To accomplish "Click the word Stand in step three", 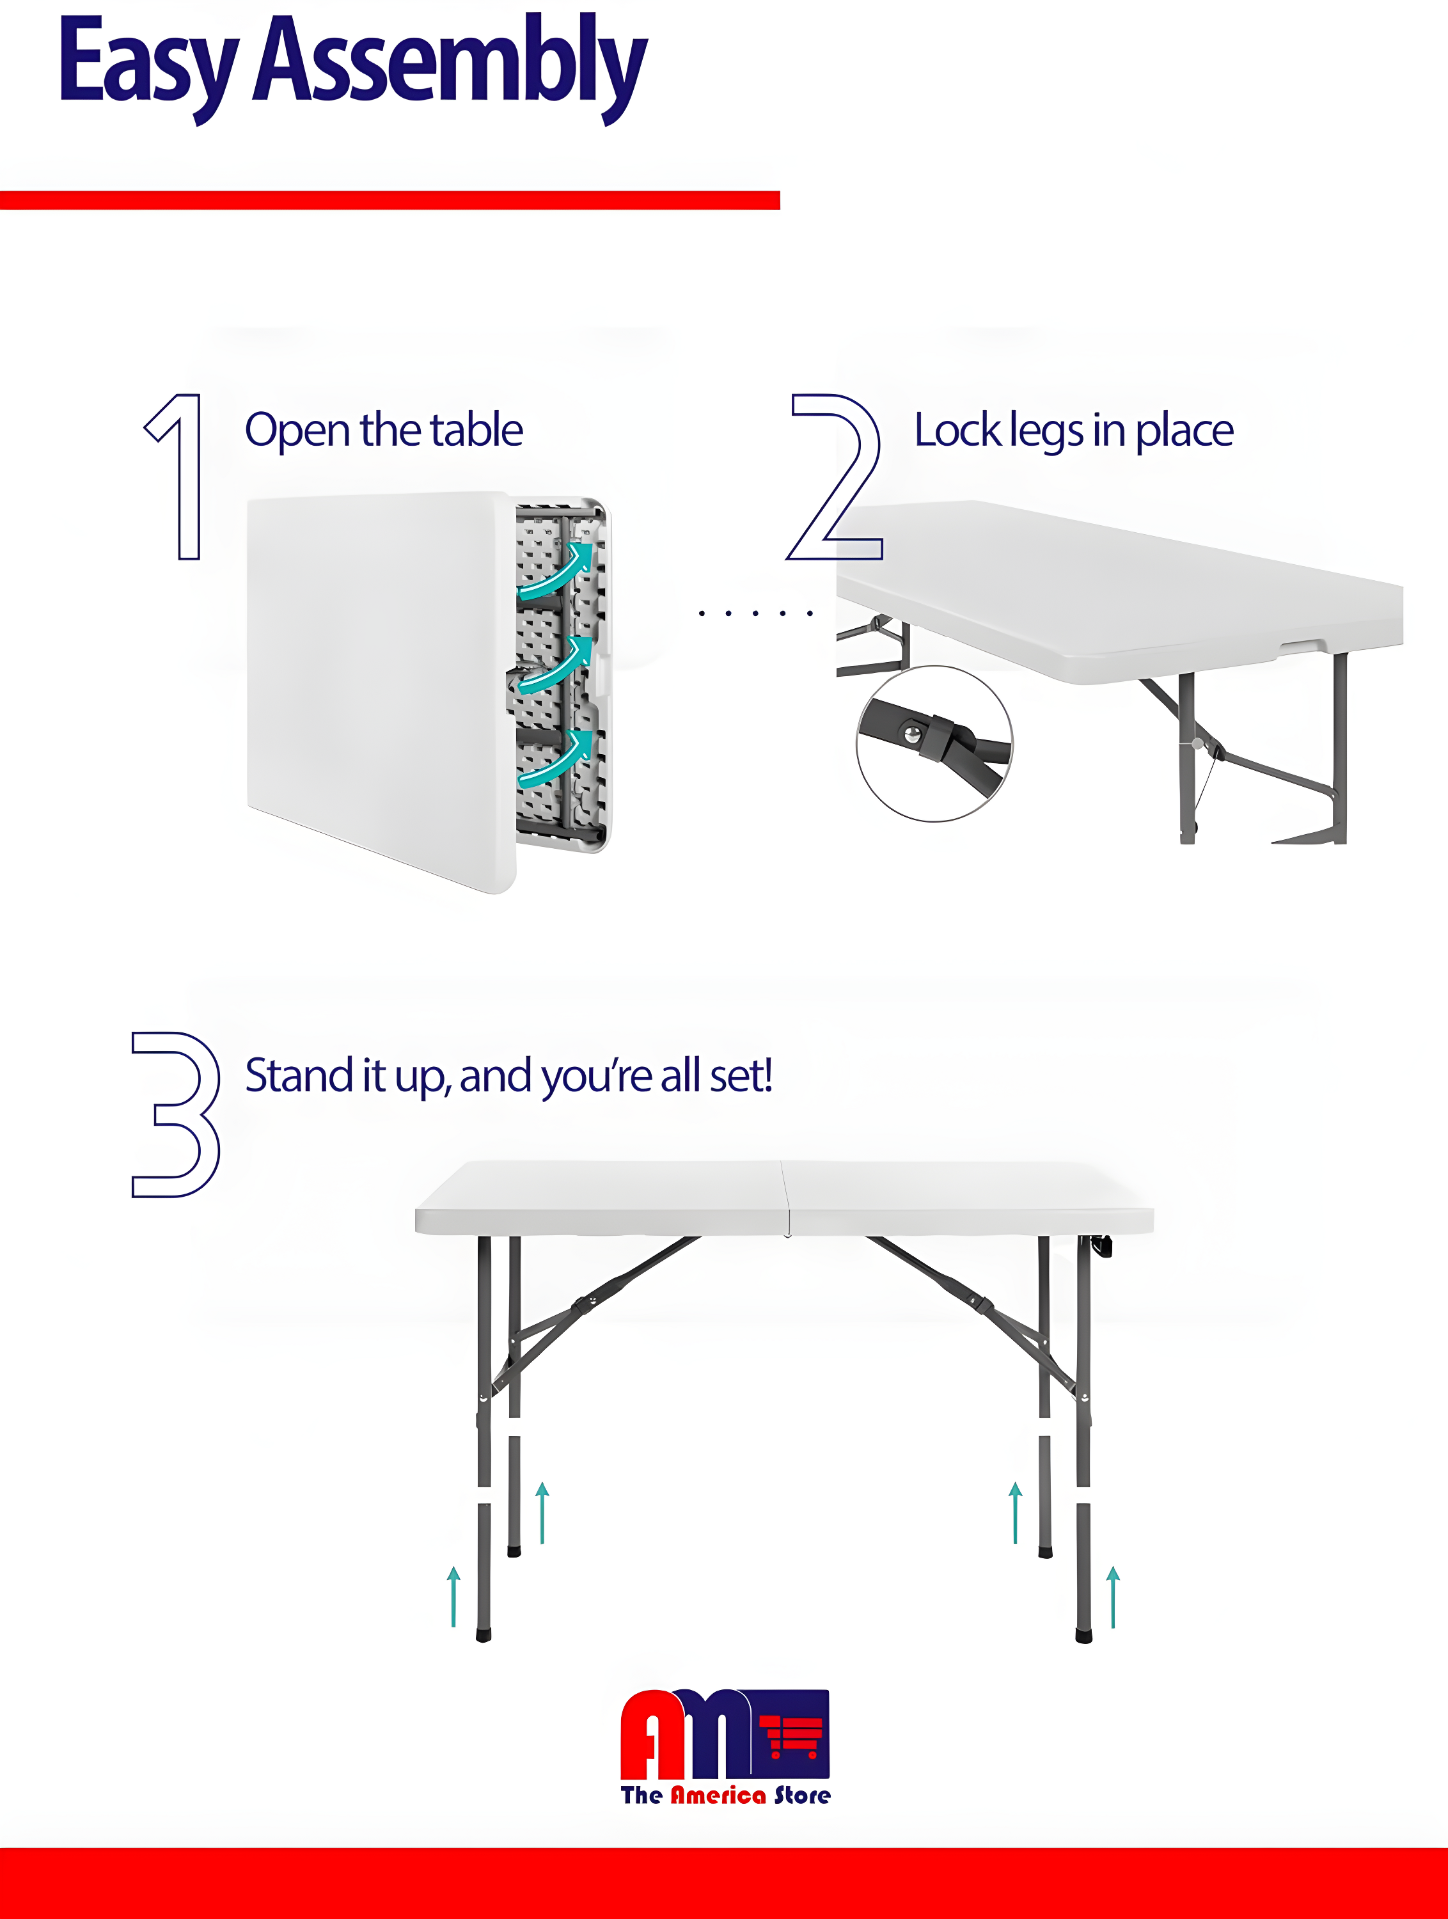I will point(299,1076).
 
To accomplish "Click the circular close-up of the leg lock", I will point(934,743).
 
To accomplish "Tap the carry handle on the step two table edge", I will point(1302,646).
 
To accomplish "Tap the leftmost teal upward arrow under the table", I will point(453,1596).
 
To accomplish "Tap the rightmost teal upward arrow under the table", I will point(1113,1596).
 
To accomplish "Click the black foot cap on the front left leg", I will point(484,1636).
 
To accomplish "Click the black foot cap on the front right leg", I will point(1083,1636).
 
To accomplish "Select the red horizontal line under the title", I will point(390,200).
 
